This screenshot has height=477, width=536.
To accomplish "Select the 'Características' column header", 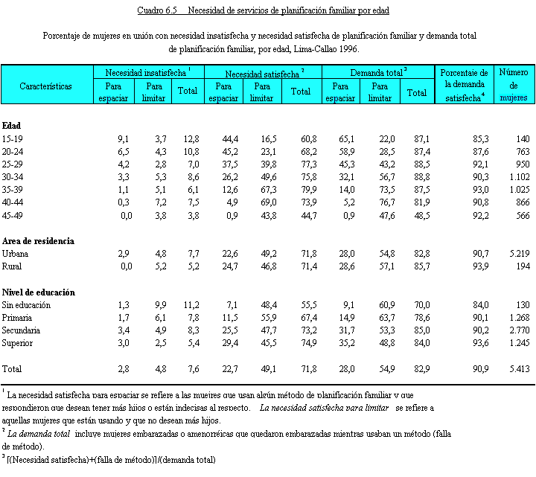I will coord(46,86).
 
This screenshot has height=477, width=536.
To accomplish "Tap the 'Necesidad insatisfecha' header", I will coord(147,73).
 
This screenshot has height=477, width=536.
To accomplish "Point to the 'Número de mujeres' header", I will coord(513,86).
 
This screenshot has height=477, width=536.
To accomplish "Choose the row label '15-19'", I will coord(12,139).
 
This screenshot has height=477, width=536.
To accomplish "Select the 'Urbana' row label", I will coord(15,254).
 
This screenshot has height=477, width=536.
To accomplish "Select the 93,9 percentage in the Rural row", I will coord(480,266).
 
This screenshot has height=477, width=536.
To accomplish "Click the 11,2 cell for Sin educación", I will coord(190,305).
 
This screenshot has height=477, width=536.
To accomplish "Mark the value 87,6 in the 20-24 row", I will coord(480,151).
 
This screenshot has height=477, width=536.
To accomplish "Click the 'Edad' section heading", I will coord(11,126).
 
